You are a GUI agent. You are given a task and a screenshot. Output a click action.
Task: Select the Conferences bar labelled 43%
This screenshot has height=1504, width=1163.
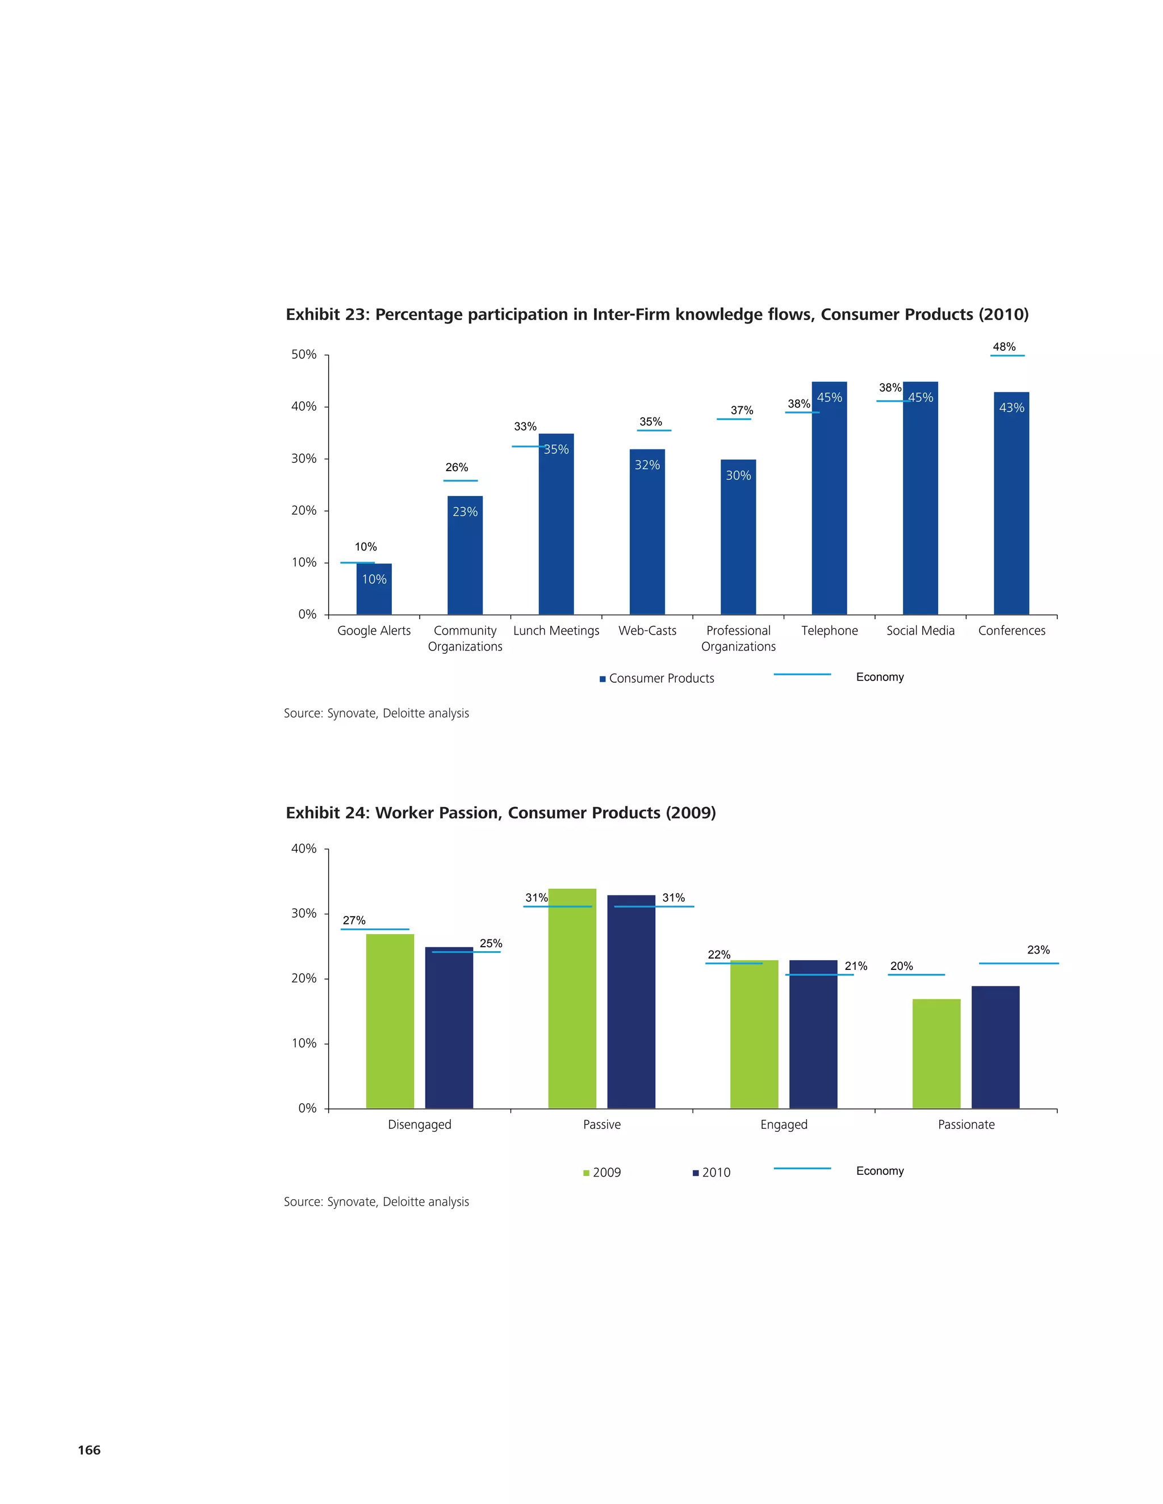(x=1011, y=503)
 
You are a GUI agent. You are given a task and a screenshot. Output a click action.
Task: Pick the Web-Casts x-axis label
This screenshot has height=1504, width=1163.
(x=647, y=631)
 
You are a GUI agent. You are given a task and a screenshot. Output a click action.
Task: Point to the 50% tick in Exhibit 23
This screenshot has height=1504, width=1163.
(x=303, y=355)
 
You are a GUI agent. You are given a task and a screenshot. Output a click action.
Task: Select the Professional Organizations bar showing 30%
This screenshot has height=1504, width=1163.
(x=738, y=537)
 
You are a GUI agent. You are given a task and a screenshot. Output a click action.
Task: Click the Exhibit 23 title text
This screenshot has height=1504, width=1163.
(x=656, y=315)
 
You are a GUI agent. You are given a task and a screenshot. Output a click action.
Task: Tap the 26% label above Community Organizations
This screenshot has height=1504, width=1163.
(x=456, y=468)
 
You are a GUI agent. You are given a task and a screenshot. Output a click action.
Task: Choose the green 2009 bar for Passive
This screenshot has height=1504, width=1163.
(x=572, y=998)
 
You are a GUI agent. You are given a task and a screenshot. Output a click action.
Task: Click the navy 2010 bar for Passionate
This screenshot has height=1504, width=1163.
(x=995, y=1047)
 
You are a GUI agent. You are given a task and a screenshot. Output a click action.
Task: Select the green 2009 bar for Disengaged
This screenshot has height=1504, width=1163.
(x=390, y=1020)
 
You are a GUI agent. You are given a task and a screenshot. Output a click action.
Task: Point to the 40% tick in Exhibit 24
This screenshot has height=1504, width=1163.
(x=303, y=848)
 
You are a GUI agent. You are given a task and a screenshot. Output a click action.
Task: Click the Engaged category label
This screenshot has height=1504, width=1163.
(x=783, y=1124)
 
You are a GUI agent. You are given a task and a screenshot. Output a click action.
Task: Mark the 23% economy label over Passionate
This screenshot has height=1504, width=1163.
(x=1038, y=950)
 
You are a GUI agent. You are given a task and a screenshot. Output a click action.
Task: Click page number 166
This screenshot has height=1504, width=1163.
(x=89, y=1450)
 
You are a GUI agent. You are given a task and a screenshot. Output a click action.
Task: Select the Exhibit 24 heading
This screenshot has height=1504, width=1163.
(x=500, y=813)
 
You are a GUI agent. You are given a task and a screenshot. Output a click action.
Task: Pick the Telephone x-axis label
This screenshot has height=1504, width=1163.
(x=829, y=631)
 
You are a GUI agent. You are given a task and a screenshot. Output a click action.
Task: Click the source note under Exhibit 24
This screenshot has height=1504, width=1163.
(x=376, y=1201)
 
